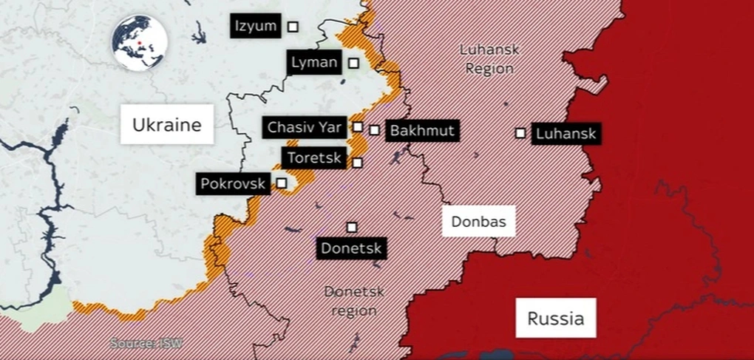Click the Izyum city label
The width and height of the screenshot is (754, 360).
pyautogui.click(x=255, y=27)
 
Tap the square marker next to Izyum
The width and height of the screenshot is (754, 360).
pyautogui.click(x=293, y=27)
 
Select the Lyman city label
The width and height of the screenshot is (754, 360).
pyautogui.click(x=314, y=63)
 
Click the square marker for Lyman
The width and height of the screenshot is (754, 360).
pyautogui.click(x=354, y=63)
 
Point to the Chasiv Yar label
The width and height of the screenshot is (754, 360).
pyautogui.click(x=305, y=127)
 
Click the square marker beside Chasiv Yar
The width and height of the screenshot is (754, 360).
pyautogui.click(x=358, y=126)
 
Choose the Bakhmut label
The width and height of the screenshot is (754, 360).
pyautogui.click(x=422, y=131)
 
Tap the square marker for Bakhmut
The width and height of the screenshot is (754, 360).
pyautogui.click(x=375, y=130)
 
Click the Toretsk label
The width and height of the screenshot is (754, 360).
pyautogui.click(x=314, y=157)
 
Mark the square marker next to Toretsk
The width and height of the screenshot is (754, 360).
pyautogui.click(x=358, y=163)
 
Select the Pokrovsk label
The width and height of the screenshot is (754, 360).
pyautogui.click(x=233, y=183)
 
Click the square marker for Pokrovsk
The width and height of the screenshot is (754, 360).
pyautogui.click(x=282, y=182)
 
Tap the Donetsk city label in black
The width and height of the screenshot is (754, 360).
pyautogui.click(x=352, y=248)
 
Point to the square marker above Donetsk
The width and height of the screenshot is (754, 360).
pyautogui.click(x=352, y=227)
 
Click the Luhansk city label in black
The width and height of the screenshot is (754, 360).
pyautogui.click(x=565, y=135)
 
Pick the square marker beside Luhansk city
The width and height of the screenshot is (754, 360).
pyautogui.click(x=520, y=133)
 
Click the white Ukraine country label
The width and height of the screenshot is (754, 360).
pyautogui.click(x=166, y=125)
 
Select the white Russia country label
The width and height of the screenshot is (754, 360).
pyautogui.click(x=556, y=319)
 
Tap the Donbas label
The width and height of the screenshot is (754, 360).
pyautogui.click(x=478, y=221)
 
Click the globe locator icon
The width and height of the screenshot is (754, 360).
pyautogui.click(x=140, y=44)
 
